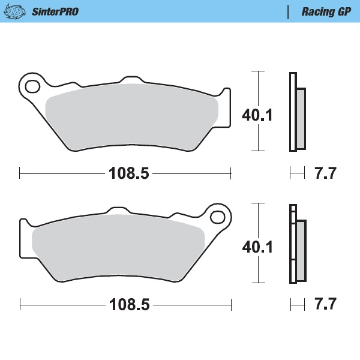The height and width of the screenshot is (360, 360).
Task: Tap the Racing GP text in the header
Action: point(326,11)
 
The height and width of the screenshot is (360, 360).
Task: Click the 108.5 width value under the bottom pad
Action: point(128,304)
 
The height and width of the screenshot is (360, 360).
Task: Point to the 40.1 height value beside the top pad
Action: point(257,115)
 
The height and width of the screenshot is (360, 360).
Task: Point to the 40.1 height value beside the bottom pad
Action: point(257,246)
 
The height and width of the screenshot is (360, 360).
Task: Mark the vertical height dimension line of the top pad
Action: point(257,90)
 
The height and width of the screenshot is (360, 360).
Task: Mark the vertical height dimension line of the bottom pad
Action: point(257,219)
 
